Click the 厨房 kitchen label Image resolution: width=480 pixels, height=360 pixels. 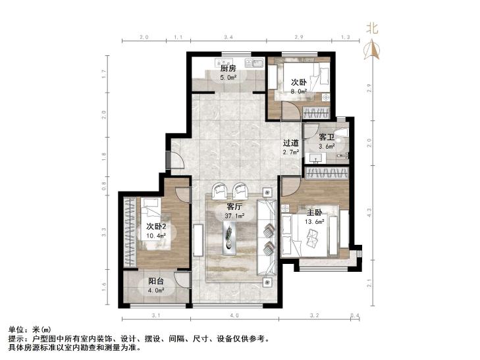(228, 68)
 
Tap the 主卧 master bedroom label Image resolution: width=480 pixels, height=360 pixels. (314, 212)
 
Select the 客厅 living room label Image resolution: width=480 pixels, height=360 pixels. (235, 207)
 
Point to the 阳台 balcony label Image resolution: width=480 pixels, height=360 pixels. (156, 282)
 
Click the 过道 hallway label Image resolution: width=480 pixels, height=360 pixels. (290, 143)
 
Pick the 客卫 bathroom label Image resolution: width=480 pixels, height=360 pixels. (327, 137)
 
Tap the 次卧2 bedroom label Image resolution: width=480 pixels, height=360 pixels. (156, 226)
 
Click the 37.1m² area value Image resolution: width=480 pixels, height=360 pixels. (235, 216)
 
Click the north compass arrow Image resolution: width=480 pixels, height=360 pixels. (371, 49)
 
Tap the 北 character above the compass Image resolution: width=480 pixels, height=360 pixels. (372, 28)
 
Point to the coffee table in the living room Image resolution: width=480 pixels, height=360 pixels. (230, 238)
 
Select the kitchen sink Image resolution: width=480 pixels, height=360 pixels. (254, 63)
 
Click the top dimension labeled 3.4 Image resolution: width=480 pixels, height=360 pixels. (228, 38)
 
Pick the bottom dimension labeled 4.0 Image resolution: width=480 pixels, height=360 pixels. (235, 315)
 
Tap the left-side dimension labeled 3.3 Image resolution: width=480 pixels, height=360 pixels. (104, 232)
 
